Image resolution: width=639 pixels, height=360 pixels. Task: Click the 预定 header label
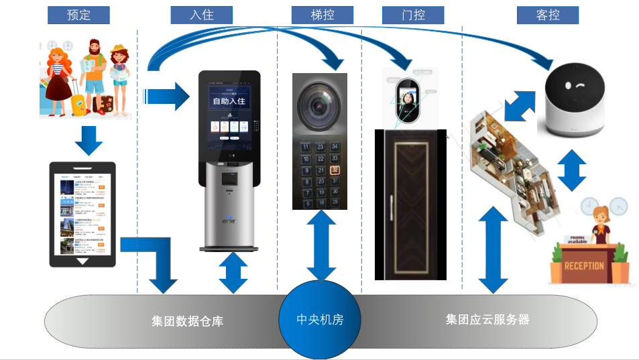(79, 15)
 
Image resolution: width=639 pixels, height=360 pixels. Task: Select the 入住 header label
(201, 15)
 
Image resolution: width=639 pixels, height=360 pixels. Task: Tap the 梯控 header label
(323, 15)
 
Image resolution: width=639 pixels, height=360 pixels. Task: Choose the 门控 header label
(413, 15)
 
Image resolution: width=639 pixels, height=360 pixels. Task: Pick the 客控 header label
(548, 15)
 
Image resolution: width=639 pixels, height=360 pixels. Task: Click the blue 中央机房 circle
(320, 320)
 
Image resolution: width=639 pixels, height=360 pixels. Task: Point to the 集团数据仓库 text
(187, 321)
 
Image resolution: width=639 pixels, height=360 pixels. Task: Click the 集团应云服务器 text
(487, 319)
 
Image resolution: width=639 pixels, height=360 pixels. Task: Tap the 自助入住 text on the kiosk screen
(229, 102)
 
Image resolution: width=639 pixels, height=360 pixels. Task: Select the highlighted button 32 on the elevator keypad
(335, 170)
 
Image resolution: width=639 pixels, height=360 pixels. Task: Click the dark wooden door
(410, 204)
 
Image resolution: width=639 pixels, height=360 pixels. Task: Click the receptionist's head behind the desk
(599, 219)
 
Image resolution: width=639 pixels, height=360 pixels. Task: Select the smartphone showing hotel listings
(82, 214)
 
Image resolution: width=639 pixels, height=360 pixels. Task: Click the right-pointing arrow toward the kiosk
(168, 96)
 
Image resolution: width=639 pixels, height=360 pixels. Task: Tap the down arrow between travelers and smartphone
(89, 139)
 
